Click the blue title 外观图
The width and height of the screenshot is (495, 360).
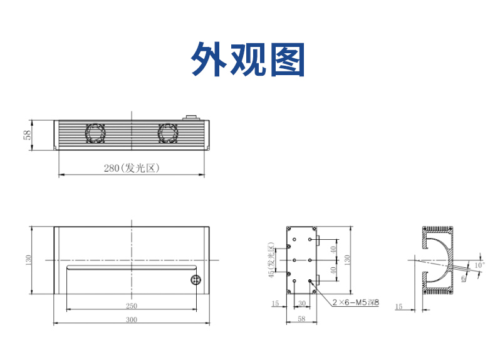tap(248, 59)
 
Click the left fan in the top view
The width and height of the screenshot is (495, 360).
tap(95, 133)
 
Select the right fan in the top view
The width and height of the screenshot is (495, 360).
tap(168, 133)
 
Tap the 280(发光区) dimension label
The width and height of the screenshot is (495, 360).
tap(132, 168)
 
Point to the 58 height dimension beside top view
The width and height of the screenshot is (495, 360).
tap(28, 135)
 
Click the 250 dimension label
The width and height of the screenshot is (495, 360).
tap(132, 306)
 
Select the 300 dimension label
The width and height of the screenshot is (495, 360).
tap(132, 319)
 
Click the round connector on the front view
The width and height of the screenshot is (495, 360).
tap(195, 279)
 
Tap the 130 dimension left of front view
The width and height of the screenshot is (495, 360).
tap(28, 260)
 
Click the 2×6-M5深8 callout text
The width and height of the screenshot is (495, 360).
tap(356, 302)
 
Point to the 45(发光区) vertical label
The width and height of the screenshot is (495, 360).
tap(271, 260)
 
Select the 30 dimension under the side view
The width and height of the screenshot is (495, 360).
tap(302, 303)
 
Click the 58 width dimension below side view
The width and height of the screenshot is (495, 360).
tap(301, 319)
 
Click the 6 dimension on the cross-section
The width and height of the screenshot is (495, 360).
tap(464, 278)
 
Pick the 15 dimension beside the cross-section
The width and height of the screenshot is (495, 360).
tap(399, 306)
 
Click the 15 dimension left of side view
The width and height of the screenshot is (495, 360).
tap(275, 303)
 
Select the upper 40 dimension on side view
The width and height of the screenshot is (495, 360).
tap(333, 250)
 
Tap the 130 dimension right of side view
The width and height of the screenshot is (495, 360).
tap(347, 260)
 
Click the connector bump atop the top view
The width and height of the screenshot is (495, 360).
tap(191, 118)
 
